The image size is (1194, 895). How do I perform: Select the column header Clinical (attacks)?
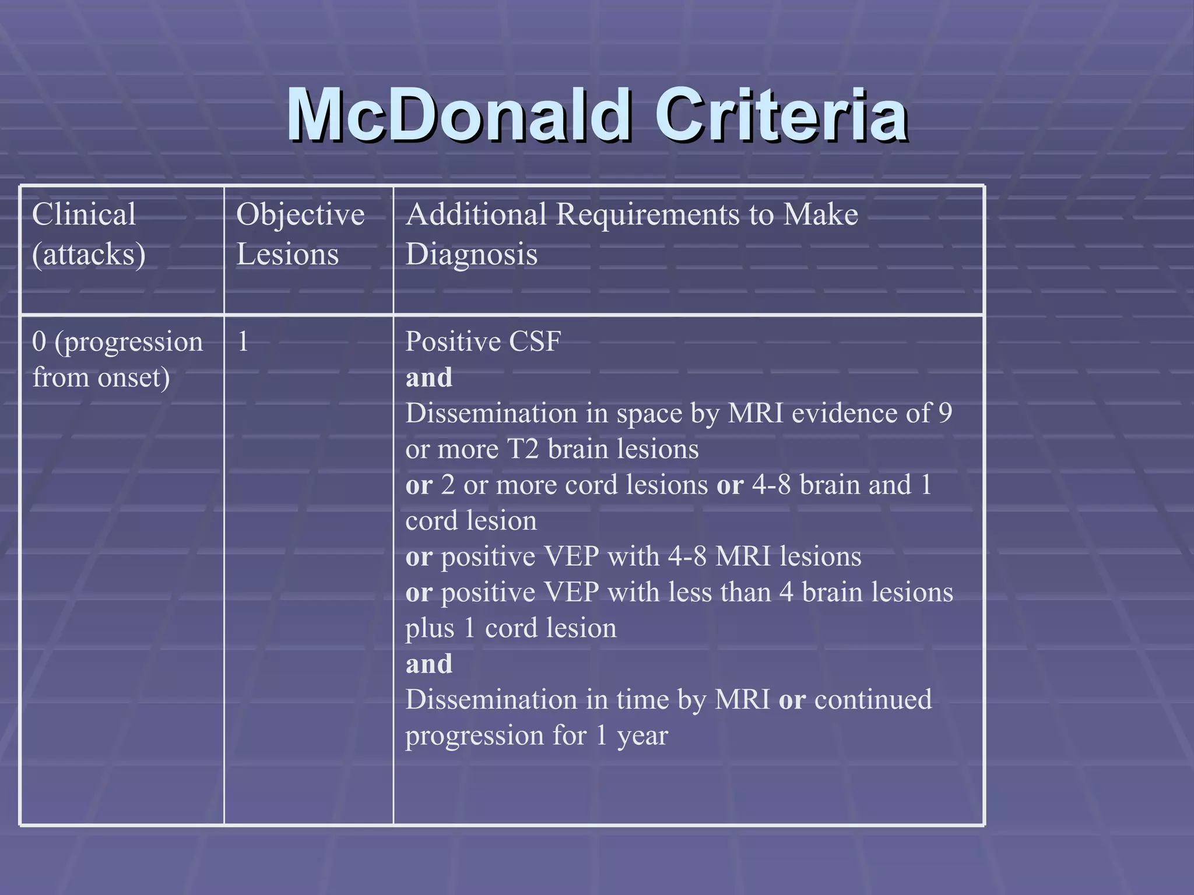click(x=89, y=234)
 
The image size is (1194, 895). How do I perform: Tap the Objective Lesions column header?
click(x=300, y=234)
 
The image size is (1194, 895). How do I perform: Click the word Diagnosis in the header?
click(x=471, y=255)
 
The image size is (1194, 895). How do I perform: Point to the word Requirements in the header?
click(x=648, y=214)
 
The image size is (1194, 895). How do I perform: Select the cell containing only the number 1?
click(x=243, y=342)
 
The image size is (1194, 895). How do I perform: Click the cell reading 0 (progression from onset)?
click(x=117, y=360)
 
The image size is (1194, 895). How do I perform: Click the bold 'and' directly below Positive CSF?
click(x=429, y=378)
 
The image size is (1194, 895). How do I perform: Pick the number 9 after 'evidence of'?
click(x=945, y=413)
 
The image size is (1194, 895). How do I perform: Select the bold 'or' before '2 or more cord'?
click(x=419, y=485)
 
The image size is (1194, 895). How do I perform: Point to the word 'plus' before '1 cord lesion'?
click(x=429, y=629)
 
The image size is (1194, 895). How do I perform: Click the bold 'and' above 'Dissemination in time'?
click(x=429, y=664)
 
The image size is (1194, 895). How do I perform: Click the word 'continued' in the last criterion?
click(x=873, y=700)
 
